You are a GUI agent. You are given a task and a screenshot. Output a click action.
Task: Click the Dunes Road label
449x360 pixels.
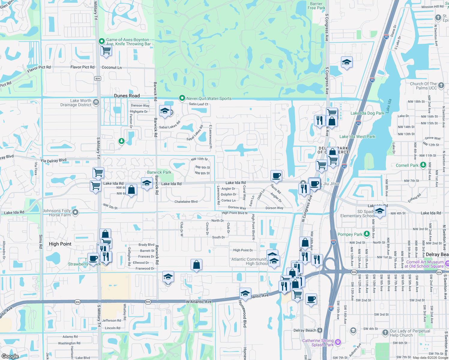pos(127,96)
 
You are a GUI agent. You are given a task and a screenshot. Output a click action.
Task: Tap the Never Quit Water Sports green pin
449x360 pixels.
pos(182,98)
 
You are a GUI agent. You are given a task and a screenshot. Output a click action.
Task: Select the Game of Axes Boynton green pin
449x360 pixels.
pos(102,41)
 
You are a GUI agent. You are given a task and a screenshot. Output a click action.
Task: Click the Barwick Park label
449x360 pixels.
pos(159,172)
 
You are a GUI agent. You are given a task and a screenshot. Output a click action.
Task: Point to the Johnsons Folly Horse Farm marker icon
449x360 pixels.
pos(75,212)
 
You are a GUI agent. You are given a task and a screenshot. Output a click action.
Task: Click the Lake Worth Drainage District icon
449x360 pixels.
pos(96,102)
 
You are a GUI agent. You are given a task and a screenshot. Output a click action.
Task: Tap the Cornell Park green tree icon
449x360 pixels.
pos(423,165)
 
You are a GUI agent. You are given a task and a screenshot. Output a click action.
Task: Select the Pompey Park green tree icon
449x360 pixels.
pos(366,234)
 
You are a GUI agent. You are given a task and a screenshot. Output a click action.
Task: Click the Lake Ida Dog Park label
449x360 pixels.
pos(367,113)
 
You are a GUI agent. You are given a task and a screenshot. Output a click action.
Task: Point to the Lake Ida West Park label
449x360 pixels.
pos(357,136)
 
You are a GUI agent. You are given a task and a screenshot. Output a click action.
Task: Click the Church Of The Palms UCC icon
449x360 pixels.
pos(441,85)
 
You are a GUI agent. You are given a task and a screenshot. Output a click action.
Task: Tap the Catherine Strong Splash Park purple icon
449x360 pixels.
pos(338,342)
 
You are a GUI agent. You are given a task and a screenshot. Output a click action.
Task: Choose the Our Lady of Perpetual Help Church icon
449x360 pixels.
pos(385,332)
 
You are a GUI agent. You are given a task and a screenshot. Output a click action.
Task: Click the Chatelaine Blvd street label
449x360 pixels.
pos(186,202)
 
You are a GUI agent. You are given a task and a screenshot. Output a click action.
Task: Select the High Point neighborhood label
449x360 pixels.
pos(60,244)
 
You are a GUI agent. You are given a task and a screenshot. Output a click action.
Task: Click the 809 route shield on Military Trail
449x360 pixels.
pos(98,79)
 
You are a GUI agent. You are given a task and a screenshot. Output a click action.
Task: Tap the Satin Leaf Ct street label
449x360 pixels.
pos(198,104)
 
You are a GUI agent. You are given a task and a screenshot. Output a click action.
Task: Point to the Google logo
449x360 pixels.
pos(10,356)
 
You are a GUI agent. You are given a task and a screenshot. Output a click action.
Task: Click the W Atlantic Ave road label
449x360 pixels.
pos(199,301)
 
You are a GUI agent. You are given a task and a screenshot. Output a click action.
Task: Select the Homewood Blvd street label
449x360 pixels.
pos(245,313)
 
